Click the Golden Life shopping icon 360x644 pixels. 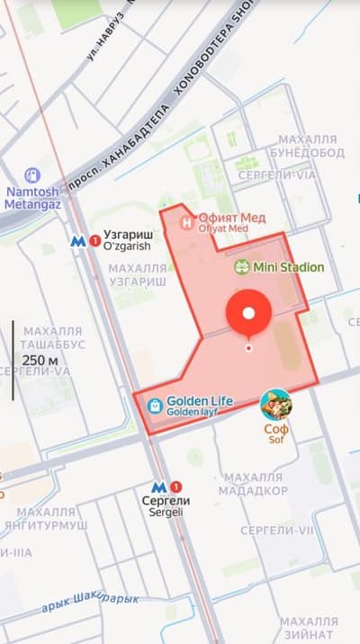click(x=155, y=406)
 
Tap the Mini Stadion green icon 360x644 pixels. click(x=241, y=267)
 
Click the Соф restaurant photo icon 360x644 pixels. click(x=275, y=405)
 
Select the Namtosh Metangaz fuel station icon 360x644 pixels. click(x=32, y=174)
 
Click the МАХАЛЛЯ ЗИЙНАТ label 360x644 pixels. click(x=309, y=628)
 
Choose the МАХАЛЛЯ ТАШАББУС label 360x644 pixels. click(x=52, y=337)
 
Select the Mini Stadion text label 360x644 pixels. click(x=288, y=267)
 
